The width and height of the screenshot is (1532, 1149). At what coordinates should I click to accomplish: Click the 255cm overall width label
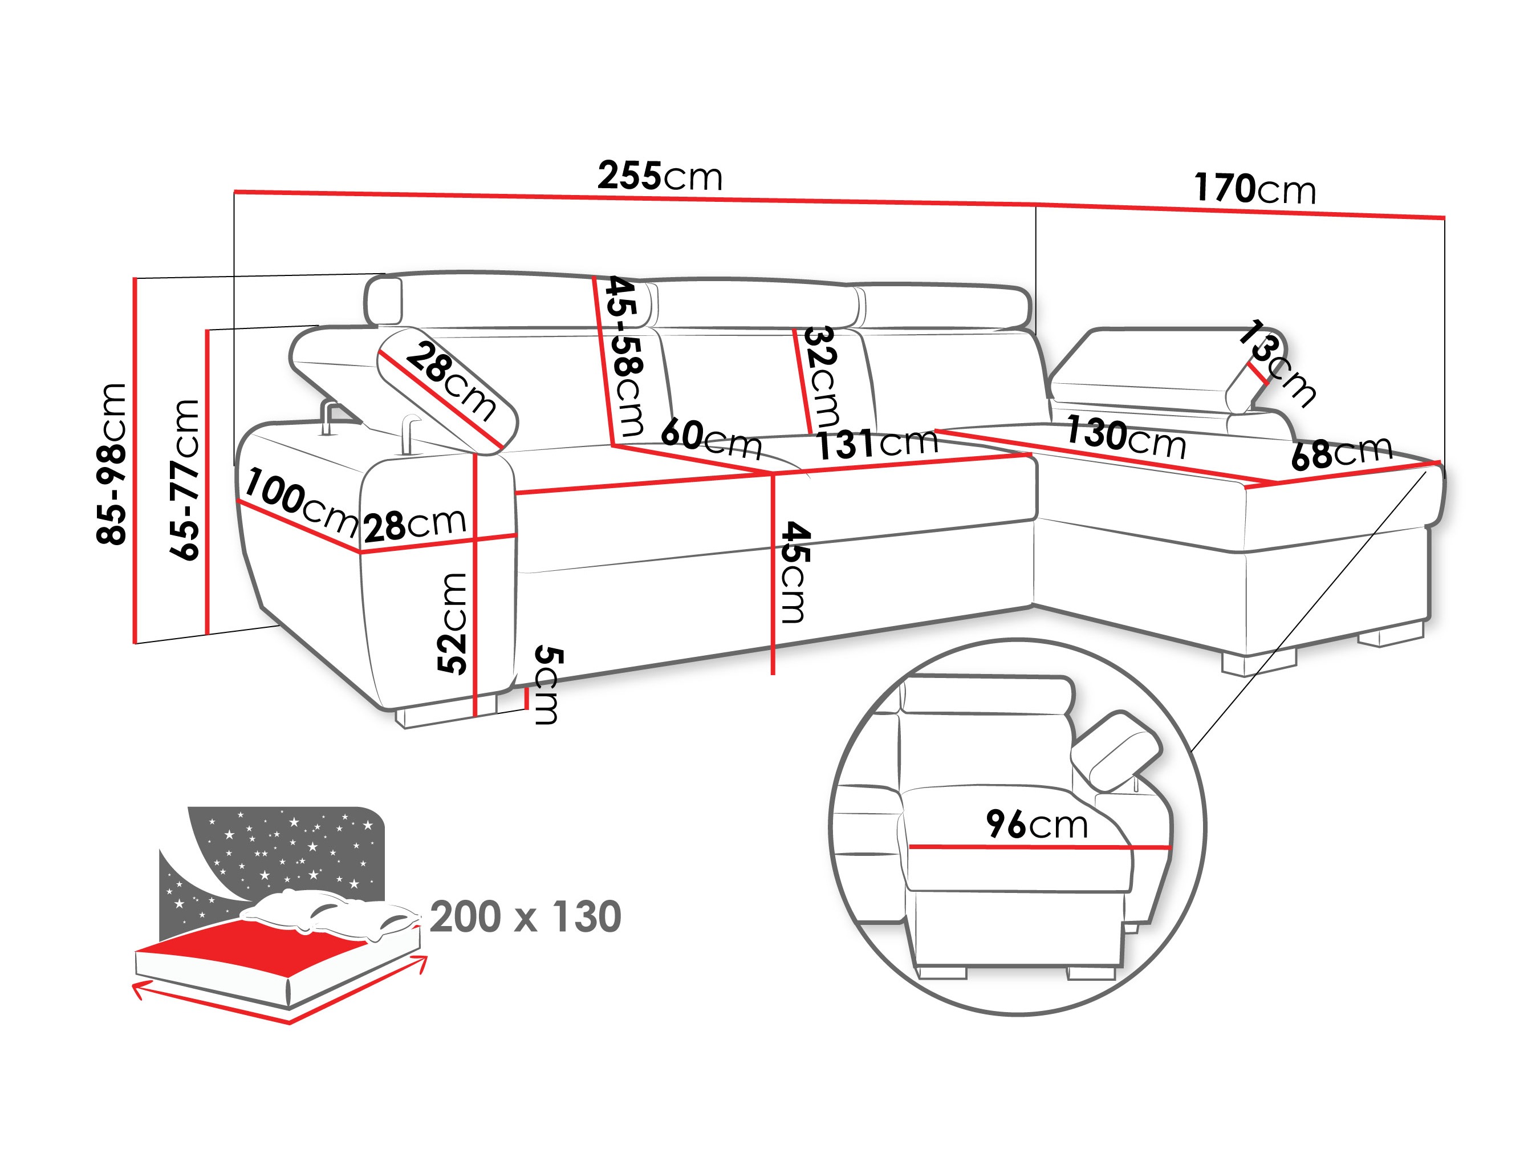(659, 176)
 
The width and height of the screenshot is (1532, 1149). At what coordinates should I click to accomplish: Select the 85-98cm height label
(112, 464)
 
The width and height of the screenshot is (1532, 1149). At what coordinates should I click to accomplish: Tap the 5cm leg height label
(548, 685)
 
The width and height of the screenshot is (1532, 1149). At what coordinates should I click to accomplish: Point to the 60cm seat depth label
(710, 439)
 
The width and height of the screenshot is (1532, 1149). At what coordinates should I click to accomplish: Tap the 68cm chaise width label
(1342, 453)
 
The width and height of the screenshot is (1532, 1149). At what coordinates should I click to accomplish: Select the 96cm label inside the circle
(1037, 824)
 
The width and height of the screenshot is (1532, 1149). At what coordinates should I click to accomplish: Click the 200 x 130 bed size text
(525, 917)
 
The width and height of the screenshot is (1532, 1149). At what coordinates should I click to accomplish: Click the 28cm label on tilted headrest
(451, 381)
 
